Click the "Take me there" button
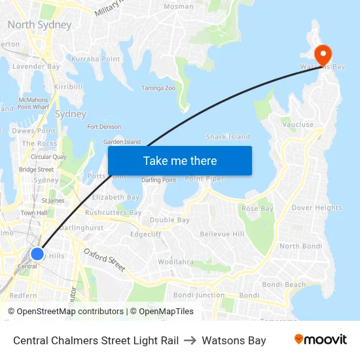click(180, 161)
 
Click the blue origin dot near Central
click(37, 253)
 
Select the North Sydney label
click(39, 25)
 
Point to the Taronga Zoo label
click(158, 88)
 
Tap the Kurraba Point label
click(96, 59)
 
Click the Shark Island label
click(228, 137)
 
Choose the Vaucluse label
click(298, 124)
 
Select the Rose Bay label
click(257, 209)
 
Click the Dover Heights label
click(317, 208)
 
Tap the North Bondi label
click(300, 246)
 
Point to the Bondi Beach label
click(283, 285)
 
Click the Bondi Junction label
click(199, 295)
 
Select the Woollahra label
click(175, 262)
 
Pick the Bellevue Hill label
click(222, 234)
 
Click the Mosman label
click(179, 7)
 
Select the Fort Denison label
click(104, 127)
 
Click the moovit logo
click(320, 340)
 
